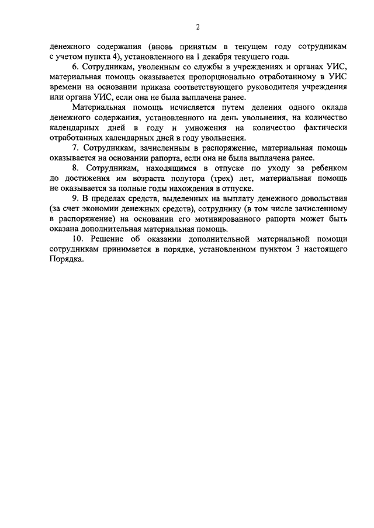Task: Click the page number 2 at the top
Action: (198, 27)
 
